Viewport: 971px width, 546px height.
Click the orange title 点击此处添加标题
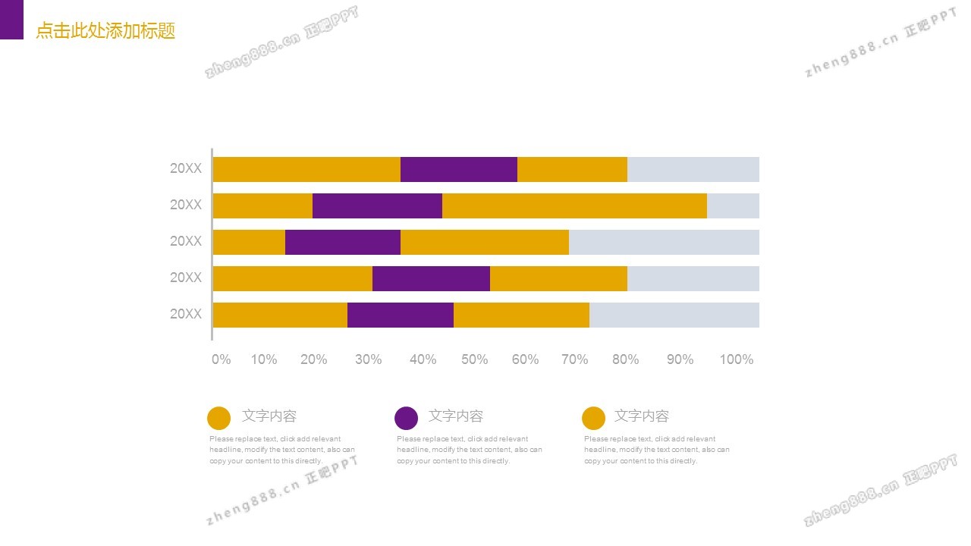click(x=105, y=31)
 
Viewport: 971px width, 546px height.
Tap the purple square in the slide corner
click(x=11, y=19)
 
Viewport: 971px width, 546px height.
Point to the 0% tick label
click(x=222, y=359)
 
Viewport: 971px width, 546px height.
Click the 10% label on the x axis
click(x=264, y=359)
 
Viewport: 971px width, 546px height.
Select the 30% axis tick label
click(x=369, y=359)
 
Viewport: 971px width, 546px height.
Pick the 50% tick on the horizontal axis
click(x=474, y=359)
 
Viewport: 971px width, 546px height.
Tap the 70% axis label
click(x=574, y=359)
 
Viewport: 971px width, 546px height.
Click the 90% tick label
click(x=680, y=359)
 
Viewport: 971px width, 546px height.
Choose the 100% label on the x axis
click(x=736, y=359)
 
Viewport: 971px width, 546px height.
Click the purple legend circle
click(x=407, y=418)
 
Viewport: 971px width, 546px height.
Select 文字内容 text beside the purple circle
click(x=456, y=416)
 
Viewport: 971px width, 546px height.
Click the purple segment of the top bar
click(x=459, y=169)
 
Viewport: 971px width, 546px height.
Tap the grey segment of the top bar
click(x=693, y=169)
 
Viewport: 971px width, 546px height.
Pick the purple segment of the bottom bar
click(x=401, y=315)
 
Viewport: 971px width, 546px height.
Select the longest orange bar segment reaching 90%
click(x=574, y=206)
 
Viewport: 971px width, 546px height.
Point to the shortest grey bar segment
click(x=733, y=206)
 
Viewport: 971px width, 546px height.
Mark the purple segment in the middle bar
click(x=343, y=242)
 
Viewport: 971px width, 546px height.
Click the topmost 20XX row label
click(x=186, y=168)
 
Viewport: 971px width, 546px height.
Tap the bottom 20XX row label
click(x=186, y=314)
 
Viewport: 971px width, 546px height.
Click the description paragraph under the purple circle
click(x=469, y=450)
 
